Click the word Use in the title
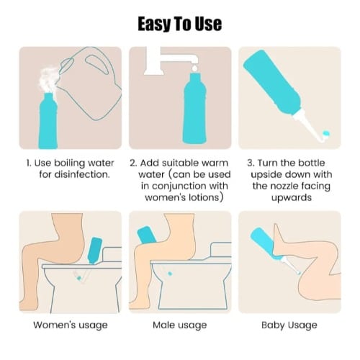click(208, 24)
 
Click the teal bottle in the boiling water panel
click(48, 120)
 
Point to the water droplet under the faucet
click(194, 68)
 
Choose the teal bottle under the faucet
click(194, 109)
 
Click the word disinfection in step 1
click(74, 174)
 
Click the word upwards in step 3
click(292, 198)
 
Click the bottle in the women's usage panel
click(95, 251)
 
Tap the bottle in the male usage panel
click(147, 235)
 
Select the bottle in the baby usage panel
click(266, 243)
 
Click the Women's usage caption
click(71, 325)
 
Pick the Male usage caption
click(180, 325)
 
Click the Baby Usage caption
click(289, 325)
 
